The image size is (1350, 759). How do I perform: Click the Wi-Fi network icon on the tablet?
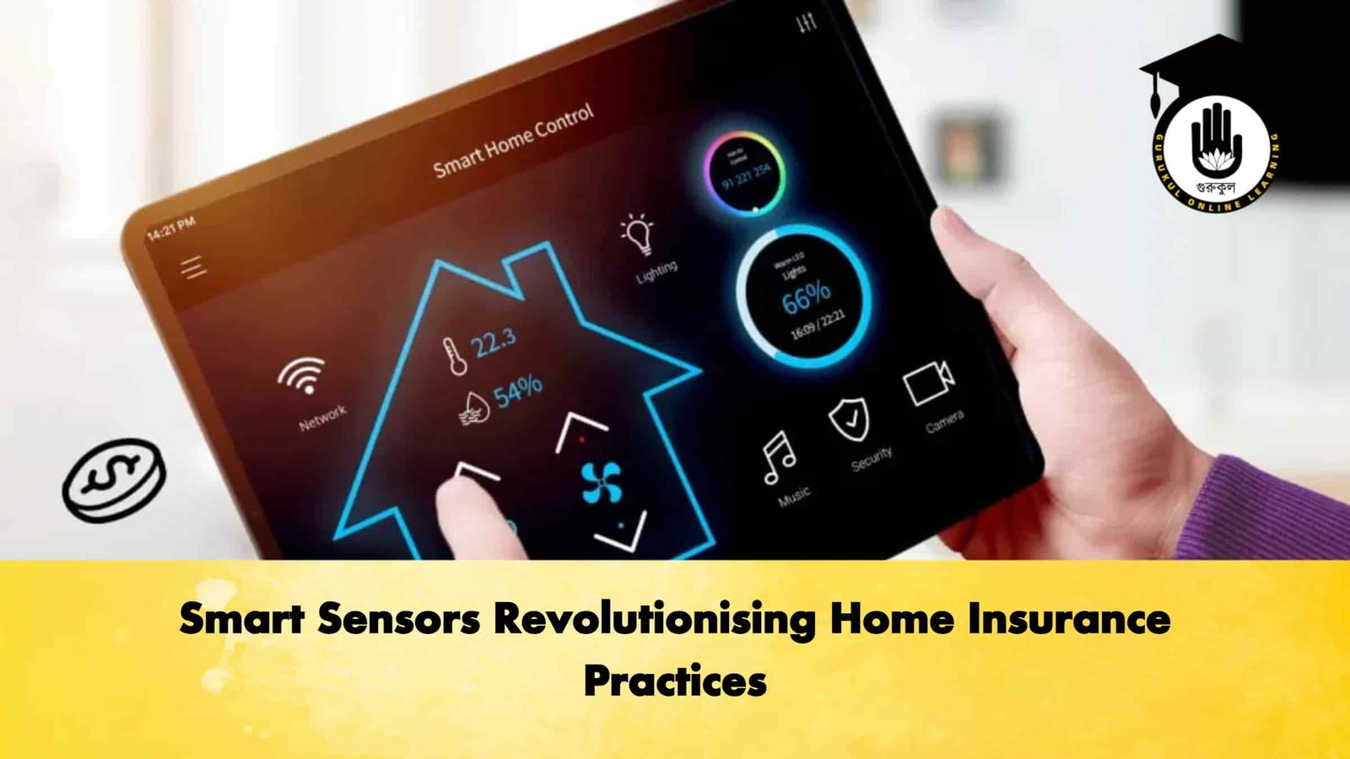pyautogui.click(x=302, y=375)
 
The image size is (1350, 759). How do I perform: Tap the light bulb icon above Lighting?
pyautogui.click(x=638, y=234)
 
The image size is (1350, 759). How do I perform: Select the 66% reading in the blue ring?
pyautogui.click(x=806, y=298)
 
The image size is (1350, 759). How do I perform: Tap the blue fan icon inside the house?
pyautogui.click(x=602, y=483)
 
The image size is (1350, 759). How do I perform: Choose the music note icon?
pyautogui.click(x=778, y=457)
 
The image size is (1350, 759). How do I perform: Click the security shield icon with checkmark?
pyautogui.click(x=849, y=418)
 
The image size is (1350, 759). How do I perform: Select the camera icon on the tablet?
pyautogui.click(x=928, y=384)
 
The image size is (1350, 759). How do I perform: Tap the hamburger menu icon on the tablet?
pyautogui.click(x=193, y=268)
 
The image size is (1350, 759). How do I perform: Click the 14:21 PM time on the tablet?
pyautogui.click(x=171, y=228)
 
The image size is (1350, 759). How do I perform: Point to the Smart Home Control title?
pyautogui.click(x=514, y=141)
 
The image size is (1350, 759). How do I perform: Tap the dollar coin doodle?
pyautogui.click(x=114, y=478)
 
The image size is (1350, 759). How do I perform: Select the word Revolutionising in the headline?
pyautogui.click(x=654, y=620)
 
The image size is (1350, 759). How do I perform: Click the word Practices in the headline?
pyautogui.click(x=675, y=681)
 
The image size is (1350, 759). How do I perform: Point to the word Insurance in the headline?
pyautogui.click(x=1068, y=620)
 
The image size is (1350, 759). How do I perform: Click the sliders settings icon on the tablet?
pyautogui.click(x=807, y=22)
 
